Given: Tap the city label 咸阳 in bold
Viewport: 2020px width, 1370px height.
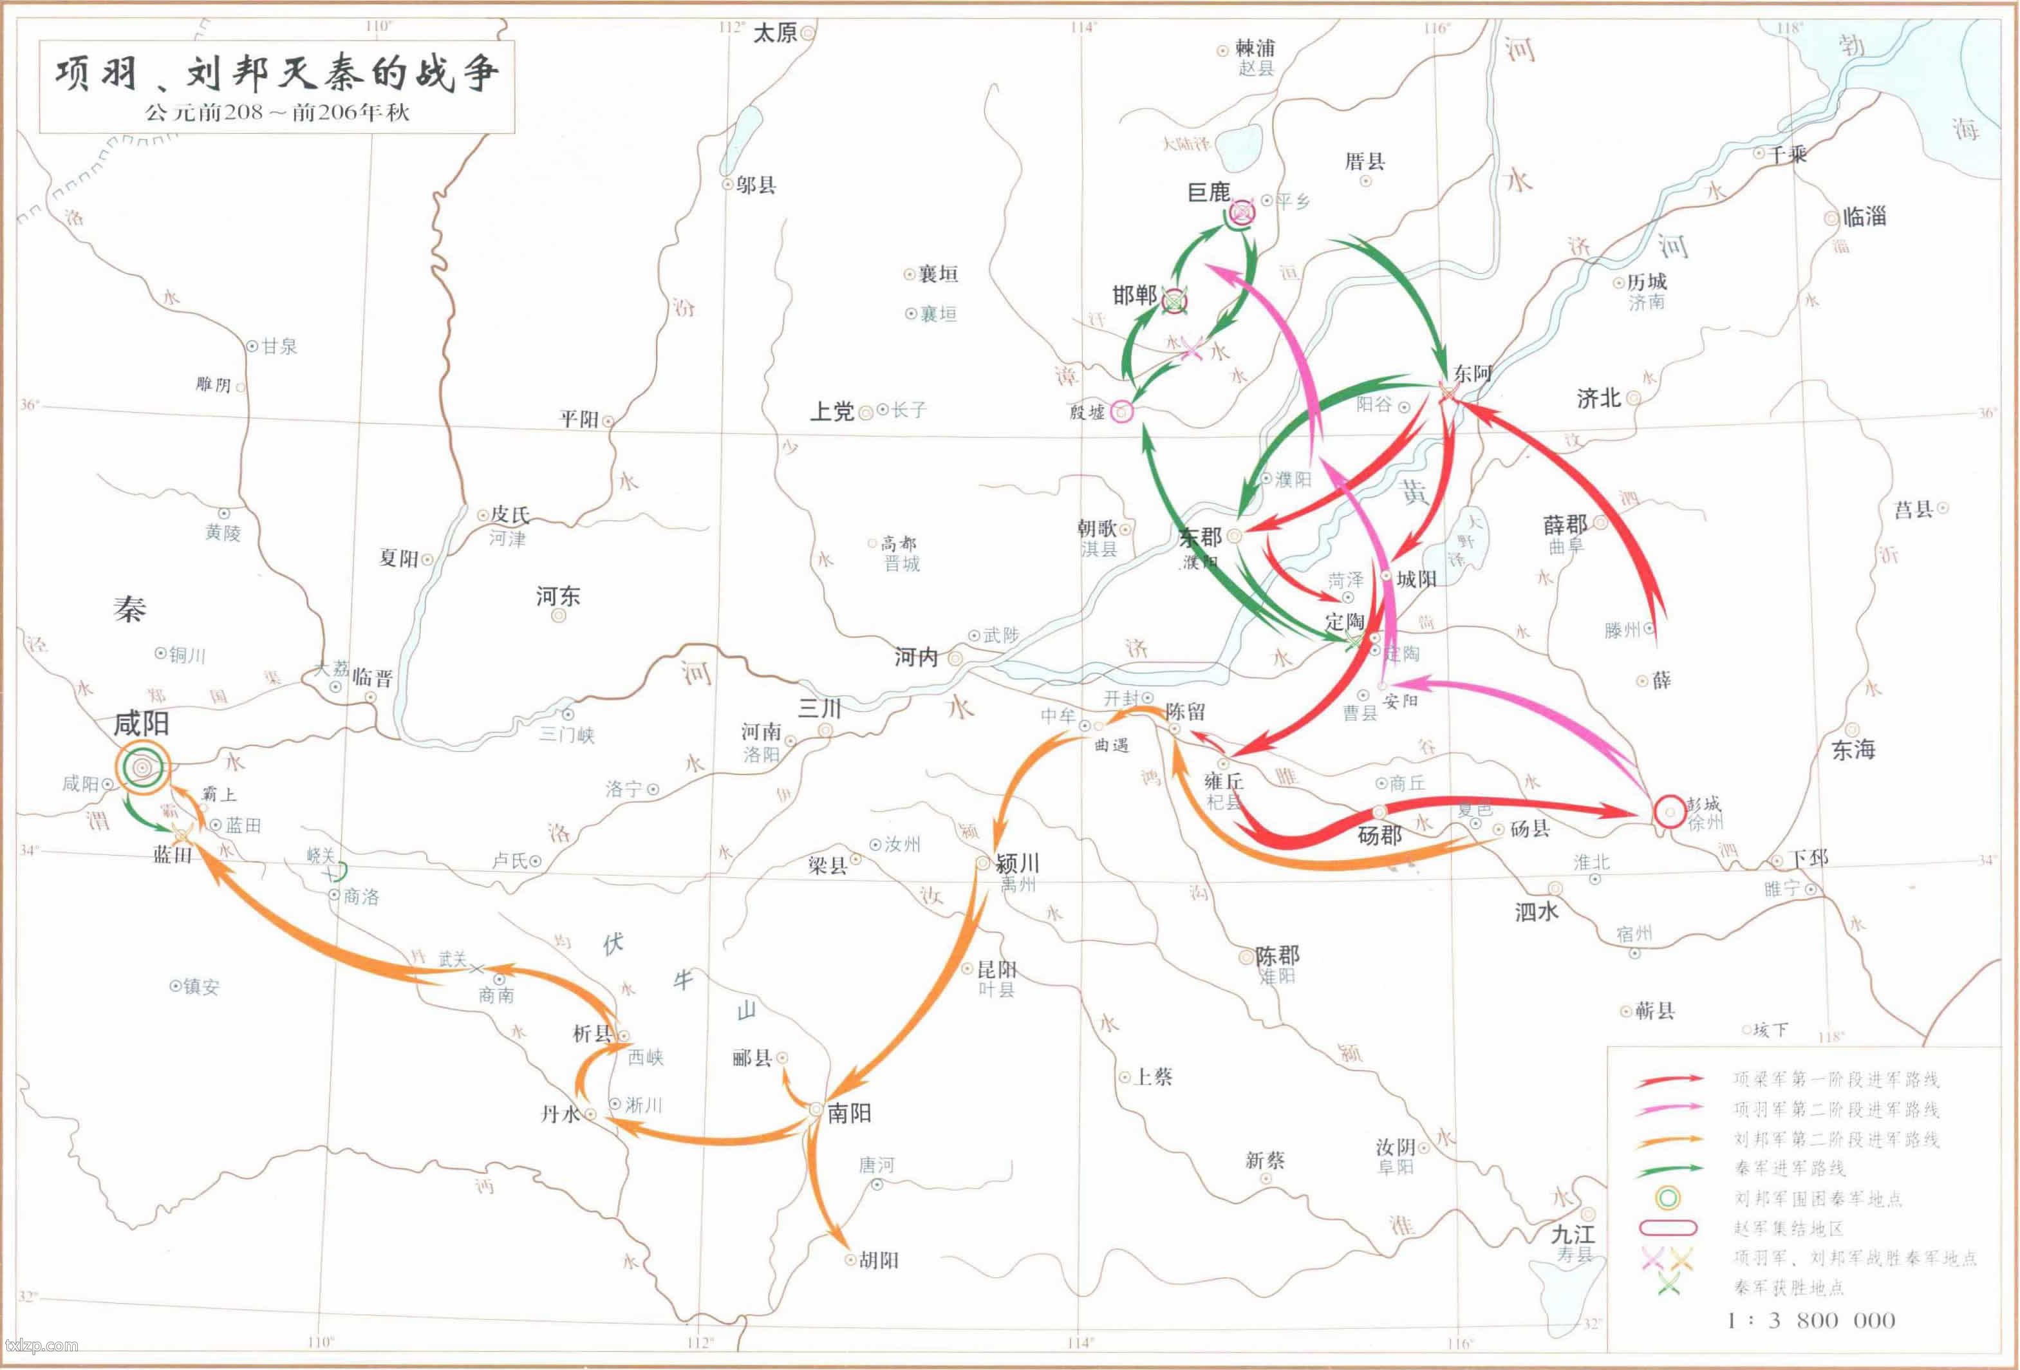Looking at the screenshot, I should pyautogui.click(x=141, y=723).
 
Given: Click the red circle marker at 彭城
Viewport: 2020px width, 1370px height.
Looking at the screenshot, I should pyautogui.click(x=1669, y=812).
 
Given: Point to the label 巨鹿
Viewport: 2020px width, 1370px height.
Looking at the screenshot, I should pyautogui.click(x=1208, y=192).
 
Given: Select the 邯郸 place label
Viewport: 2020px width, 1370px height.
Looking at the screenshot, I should pyautogui.click(x=1134, y=296).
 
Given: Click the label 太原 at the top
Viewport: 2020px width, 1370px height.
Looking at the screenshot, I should pyautogui.click(x=774, y=33).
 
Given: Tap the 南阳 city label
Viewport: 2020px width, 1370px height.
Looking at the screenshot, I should pyautogui.click(x=849, y=1112).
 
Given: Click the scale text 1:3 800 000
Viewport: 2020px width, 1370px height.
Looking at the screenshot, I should pyautogui.click(x=1811, y=1320).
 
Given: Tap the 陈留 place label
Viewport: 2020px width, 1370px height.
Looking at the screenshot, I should pyautogui.click(x=1186, y=711).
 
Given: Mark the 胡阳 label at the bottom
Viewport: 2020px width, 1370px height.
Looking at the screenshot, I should pyautogui.click(x=879, y=1260).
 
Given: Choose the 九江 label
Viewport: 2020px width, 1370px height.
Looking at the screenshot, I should pyautogui.click(x=1573, y=1234).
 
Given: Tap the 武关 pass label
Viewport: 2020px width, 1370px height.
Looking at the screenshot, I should pyautogui.click(x=452, y=959).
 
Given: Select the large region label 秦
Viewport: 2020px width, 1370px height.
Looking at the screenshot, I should pyautogui.click(x=129, y=610).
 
